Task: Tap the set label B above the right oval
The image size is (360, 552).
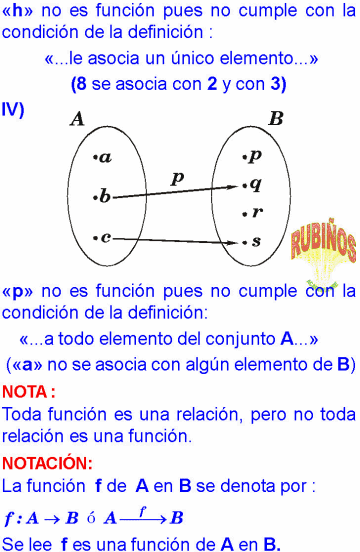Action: [276, 119]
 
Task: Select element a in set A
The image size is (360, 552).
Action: [104, 157]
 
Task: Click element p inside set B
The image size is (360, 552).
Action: [254, 155]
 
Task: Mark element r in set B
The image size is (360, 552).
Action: [256, 212]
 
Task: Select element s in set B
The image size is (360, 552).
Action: [255, 241]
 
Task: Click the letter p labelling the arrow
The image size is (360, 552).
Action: [177, 177]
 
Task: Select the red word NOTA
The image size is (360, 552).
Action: [27, 391]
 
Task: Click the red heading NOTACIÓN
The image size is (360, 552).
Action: [47, 464]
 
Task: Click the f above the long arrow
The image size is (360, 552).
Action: [143, 509]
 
